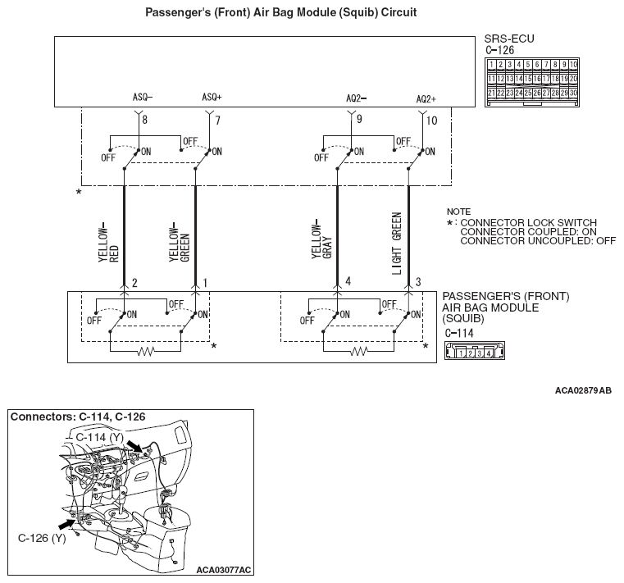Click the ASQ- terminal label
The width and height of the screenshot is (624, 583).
click(x=143, y=97)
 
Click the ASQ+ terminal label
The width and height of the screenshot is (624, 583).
click(x=212, y=97)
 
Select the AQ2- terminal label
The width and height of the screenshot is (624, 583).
click(x=356, y=98)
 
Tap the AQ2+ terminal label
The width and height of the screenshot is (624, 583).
click(x=426, y=98)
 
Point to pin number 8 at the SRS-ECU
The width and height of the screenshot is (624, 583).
click(x=144, y=121)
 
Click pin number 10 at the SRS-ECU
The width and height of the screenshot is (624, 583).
click(x=432, y=121)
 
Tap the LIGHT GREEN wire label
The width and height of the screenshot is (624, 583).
click(x=397, y=243)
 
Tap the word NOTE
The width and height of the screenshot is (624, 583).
click(x=458, y=211)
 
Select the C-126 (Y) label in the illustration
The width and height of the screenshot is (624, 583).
click(x=41, y=539)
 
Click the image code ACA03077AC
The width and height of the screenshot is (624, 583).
click(x=224, y=568)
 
